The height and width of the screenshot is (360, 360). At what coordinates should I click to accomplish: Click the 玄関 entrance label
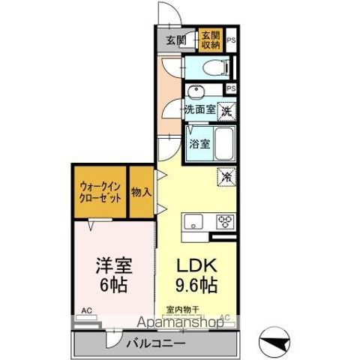pos(175,40)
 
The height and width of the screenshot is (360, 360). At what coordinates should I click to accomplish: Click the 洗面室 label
pos(200,109)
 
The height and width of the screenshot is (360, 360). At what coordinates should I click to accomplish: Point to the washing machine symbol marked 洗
pos(227,109)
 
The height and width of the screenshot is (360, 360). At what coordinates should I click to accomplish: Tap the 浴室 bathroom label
pos(198,143)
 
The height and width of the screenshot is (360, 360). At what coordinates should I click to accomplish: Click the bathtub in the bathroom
pos(224,143)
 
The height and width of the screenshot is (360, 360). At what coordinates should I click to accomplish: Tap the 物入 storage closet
pos(141,193)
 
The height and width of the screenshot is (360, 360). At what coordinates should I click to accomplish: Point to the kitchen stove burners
pos(226,220)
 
